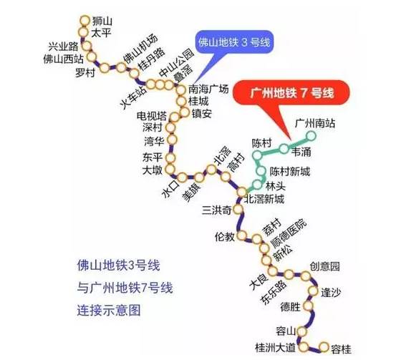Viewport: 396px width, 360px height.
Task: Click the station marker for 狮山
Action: (x=84, y=21)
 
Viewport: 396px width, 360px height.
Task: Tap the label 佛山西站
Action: (x=64, y=59)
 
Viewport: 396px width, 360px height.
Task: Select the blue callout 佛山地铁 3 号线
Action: (x=234, y=42)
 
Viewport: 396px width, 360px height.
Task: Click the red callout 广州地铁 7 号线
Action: (x=292, y=92)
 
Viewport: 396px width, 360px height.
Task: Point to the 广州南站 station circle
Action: (x=311, y=136)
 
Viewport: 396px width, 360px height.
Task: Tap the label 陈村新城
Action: (x=290, y=172)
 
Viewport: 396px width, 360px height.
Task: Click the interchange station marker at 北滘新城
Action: (x=242, y=193)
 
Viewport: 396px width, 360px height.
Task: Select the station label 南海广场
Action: (x=208, y=89)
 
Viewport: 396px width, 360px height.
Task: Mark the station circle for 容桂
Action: (x=324, y=347)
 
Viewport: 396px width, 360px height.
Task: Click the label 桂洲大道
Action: (x=276, y=348)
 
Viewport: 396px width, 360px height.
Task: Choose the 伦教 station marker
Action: (x=242, y=235)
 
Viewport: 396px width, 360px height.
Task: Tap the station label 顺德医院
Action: (x=289, y=233)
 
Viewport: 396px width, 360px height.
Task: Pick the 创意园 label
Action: (x=325, y=266)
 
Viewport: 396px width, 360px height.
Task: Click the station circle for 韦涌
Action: (x=284, y=149)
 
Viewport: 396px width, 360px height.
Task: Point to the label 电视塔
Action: (x=152, y=116)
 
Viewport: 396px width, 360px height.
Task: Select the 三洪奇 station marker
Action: (x=238, y=209)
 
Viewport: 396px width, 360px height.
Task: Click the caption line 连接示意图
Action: (x=109, y=311)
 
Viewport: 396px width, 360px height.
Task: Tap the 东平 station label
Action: (x=153, y=157)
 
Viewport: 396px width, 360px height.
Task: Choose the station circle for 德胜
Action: (x=308, y=306)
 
